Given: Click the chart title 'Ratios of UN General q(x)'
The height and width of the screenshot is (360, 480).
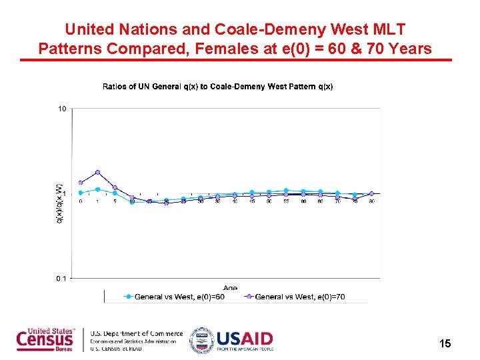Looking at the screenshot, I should pos(217,87).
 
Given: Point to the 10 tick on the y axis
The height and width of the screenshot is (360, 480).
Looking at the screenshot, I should pos(61,109).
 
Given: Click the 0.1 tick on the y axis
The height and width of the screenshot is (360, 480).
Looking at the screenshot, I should pos(61,278).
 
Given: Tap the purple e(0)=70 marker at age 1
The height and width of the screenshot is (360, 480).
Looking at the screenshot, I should pos(97,172).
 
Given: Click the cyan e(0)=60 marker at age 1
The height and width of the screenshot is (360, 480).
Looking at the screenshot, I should pos(97,189).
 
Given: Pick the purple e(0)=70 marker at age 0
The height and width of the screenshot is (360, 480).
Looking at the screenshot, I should pos(81,182).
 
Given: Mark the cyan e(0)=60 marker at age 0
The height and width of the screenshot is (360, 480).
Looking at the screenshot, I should pos(81,193).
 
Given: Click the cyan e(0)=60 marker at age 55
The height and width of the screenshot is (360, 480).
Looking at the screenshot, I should pos(286,191).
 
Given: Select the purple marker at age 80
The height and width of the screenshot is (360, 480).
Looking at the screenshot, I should pos(371,194).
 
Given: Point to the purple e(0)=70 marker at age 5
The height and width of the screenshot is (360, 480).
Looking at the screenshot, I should pos(115,187).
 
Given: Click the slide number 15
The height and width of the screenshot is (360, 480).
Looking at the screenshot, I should pos(445,343).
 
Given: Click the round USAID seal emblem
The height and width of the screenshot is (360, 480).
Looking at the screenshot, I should pos(201,340).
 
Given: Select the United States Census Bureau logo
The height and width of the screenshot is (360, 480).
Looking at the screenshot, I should pos(47,340).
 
